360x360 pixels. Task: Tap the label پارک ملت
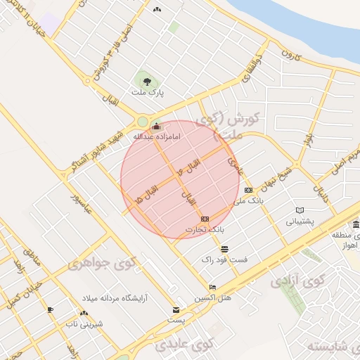[147, 93]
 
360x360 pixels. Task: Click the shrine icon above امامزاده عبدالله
[155, 127]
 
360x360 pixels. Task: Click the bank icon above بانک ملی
[248, 191]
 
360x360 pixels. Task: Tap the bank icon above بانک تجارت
[205, 219]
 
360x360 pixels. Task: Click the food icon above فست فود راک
[224, 249]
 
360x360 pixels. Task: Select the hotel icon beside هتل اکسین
[213, 287]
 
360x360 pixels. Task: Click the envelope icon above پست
[176, 310]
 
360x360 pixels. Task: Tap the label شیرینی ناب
[84, 323]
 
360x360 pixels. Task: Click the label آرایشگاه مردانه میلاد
[114, 298]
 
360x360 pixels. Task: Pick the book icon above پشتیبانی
[300, 210]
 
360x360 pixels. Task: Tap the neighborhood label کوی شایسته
[329, 346]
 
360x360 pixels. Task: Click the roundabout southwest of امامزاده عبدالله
[143, 121]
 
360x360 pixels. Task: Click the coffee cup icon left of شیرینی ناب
[50, 310]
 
